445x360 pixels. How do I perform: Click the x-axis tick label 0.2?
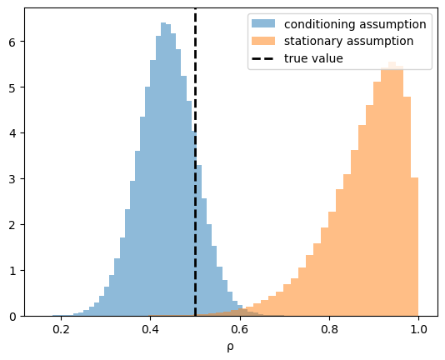point(61,330)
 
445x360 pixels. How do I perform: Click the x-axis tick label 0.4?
point(150,330)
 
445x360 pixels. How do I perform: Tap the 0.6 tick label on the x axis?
point(240,330)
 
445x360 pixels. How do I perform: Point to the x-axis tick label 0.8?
point(329,330)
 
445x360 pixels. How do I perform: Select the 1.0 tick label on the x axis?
point(418,330)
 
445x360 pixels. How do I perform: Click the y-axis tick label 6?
point(12,42)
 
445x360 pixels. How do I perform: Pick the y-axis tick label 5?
point(12,87)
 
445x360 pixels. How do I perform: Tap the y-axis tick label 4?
point(12,133)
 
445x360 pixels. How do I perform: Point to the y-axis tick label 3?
point(12,179)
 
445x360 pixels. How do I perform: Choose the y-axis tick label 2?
point(12,225)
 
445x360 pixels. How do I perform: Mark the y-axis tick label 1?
point(12,271)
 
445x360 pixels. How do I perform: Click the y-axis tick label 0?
point(12,317)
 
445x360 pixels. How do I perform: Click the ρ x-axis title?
point(231,347)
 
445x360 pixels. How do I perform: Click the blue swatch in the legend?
point(263,23)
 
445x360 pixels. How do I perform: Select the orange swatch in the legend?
point(263,41)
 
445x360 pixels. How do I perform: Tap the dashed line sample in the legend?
point(263,59)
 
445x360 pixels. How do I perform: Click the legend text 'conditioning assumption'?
point(355,24)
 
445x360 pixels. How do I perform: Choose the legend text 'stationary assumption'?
point(349,42)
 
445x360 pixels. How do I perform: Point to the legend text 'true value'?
point(313,58)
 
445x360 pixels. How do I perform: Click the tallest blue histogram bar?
point(163,169)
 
